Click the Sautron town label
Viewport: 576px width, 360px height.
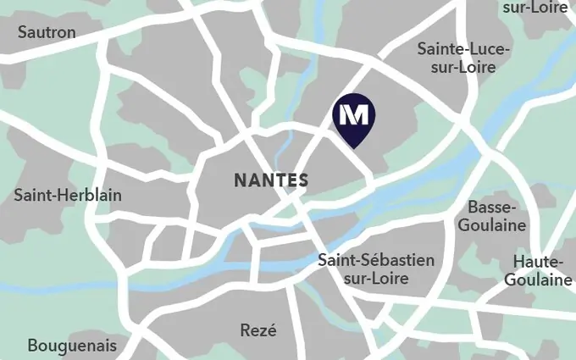click(x=47, y=32)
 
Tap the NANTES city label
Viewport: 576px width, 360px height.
click(x=270, y=180)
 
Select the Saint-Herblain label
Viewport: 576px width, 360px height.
click(x=68, y=196)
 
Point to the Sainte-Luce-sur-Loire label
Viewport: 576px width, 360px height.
click(x=463, y=58)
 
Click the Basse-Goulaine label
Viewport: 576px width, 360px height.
click(x=497, y=216)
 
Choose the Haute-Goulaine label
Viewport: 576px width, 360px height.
click(x=538, y=270)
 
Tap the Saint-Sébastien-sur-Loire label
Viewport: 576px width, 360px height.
click(x=375, y=269)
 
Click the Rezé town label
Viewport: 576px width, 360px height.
click(x=258, y=330)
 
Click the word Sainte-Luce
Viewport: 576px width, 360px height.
click(x=463, y=49)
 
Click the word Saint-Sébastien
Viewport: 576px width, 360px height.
click(x=375, y=259)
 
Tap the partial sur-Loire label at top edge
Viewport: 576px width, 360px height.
click(x=535, y=8)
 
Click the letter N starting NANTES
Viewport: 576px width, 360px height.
click(x=240, y=180)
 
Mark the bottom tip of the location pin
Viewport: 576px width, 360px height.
click(x=356, y=147)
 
